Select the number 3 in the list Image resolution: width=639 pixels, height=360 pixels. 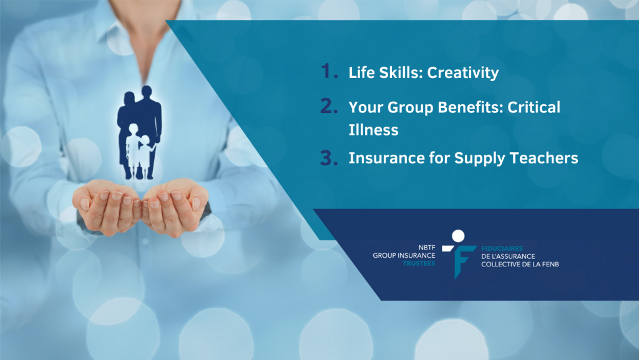tap(329, 158)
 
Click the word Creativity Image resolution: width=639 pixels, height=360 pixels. tap(462, 73)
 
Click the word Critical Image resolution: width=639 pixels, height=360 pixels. tap(534, 107)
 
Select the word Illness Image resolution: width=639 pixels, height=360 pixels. tap(373, 130)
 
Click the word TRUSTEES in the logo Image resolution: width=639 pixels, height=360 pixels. tap(419, 263)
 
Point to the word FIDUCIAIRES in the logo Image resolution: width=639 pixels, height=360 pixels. tap(502, 248)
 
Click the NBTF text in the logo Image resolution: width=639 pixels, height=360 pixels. tap(427, 247)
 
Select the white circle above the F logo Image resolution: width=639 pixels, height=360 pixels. tap(458, 236)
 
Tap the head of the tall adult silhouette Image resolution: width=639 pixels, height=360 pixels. tap(147, 91)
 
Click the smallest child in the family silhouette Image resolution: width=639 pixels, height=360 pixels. tap(145, 157)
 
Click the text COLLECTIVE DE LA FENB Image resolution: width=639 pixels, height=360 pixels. tap(520, 265)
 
